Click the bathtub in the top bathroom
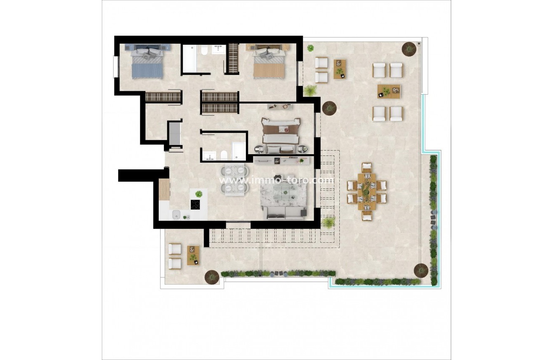(x=189, y=58)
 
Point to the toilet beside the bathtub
(x=204, y=51)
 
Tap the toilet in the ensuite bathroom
(x=224, y=155)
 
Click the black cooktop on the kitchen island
(x=196, y=205)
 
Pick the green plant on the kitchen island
(x=199, y=194)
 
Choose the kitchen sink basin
(x=176, y=215)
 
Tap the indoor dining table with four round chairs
(x=235, y=180)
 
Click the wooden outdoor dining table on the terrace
(x=367, y=191)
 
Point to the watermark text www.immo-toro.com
(x=276, y=180)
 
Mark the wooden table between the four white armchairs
(x=388, y=91)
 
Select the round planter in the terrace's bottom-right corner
(x=421, y=270)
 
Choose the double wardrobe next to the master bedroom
(x=219, y=102)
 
